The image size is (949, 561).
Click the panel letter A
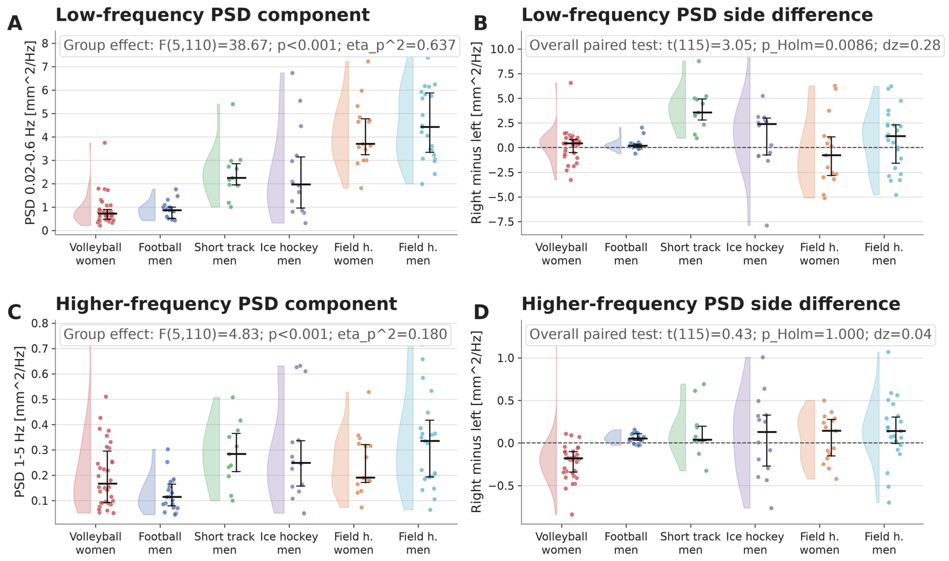coord(15,23)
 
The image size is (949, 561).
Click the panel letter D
coord(481,312)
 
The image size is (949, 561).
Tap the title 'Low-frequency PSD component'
coord(212,15)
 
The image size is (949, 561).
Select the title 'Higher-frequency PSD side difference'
coord(711,304)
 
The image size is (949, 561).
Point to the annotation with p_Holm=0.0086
coord(735,45)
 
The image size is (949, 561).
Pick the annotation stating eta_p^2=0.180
coord(255,334)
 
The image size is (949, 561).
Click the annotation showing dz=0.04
coord(730,334)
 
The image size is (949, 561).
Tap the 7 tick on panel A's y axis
coord(45,67)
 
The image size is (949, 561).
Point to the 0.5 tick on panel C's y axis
coord(40,400)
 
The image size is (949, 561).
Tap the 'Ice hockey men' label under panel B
coord(755,254)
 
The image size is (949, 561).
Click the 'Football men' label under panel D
coord(626,543)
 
